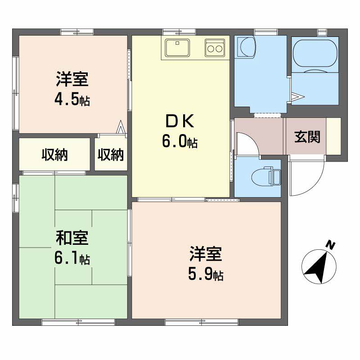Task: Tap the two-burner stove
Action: [x=214, y=47]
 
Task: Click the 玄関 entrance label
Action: [x=307, y=137]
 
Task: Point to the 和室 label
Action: [x=72, y=238]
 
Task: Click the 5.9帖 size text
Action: [x=206, y=274]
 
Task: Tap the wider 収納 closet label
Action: [x=54, y=155]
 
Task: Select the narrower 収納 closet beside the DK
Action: [x=111, y=155]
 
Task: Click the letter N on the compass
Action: [x=331, y=245]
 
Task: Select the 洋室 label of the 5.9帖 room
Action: [x=206, y=254]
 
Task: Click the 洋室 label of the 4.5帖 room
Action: [x=72, y=79]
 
